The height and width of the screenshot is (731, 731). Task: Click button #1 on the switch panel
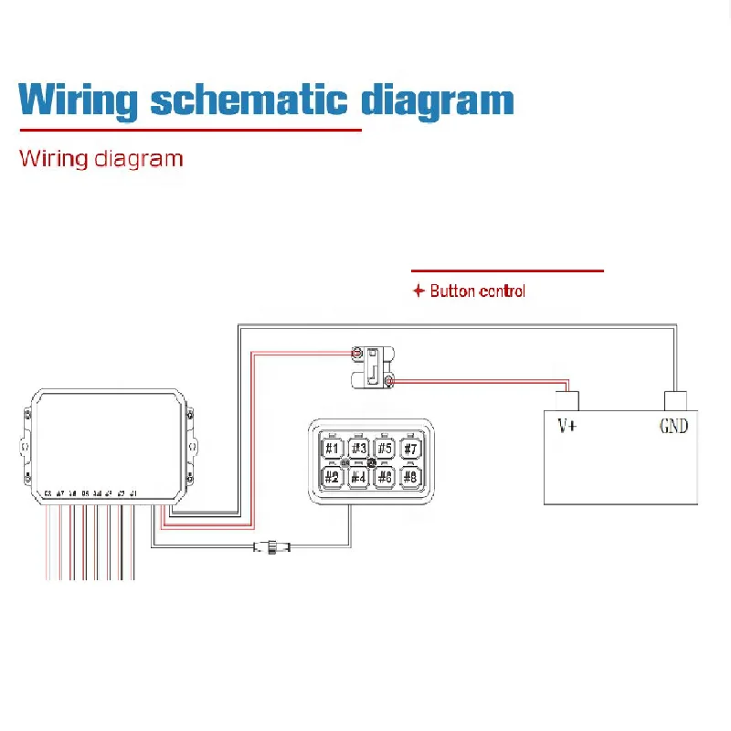coord(333,449)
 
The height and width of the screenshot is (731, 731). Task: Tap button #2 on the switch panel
coord(333,476)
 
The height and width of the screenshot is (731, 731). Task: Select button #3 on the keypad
coord(359,449)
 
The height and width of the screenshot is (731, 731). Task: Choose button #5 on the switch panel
coord(385,449)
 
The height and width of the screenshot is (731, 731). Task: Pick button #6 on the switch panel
coord(385,476)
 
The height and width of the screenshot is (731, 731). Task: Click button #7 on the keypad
coord(411,449)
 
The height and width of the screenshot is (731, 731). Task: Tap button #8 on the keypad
coord(411,476)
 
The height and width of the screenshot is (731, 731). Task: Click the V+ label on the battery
coord(567,426)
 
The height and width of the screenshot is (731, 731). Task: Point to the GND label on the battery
coord(673,426)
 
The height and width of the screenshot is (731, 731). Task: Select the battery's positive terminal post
coord(567,400)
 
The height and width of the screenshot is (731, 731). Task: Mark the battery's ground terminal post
coord(675,400)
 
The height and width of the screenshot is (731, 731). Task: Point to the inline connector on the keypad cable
coord(272,547)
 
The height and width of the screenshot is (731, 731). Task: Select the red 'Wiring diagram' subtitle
coord(101,158)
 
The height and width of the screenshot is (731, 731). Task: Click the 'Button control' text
coord(477,291)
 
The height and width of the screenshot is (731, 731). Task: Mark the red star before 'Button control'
coord(418,291)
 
